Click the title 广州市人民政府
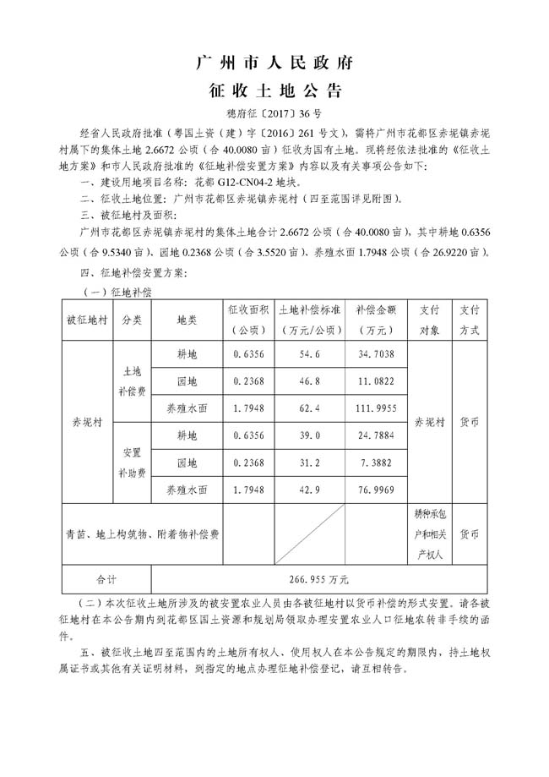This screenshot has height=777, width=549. [x=274, y=63]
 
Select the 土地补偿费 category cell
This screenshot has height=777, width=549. [x=132, y=380]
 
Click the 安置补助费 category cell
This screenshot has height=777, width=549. [x=132, y=463]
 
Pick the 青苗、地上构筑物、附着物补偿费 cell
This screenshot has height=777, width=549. [x=143, y=534]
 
